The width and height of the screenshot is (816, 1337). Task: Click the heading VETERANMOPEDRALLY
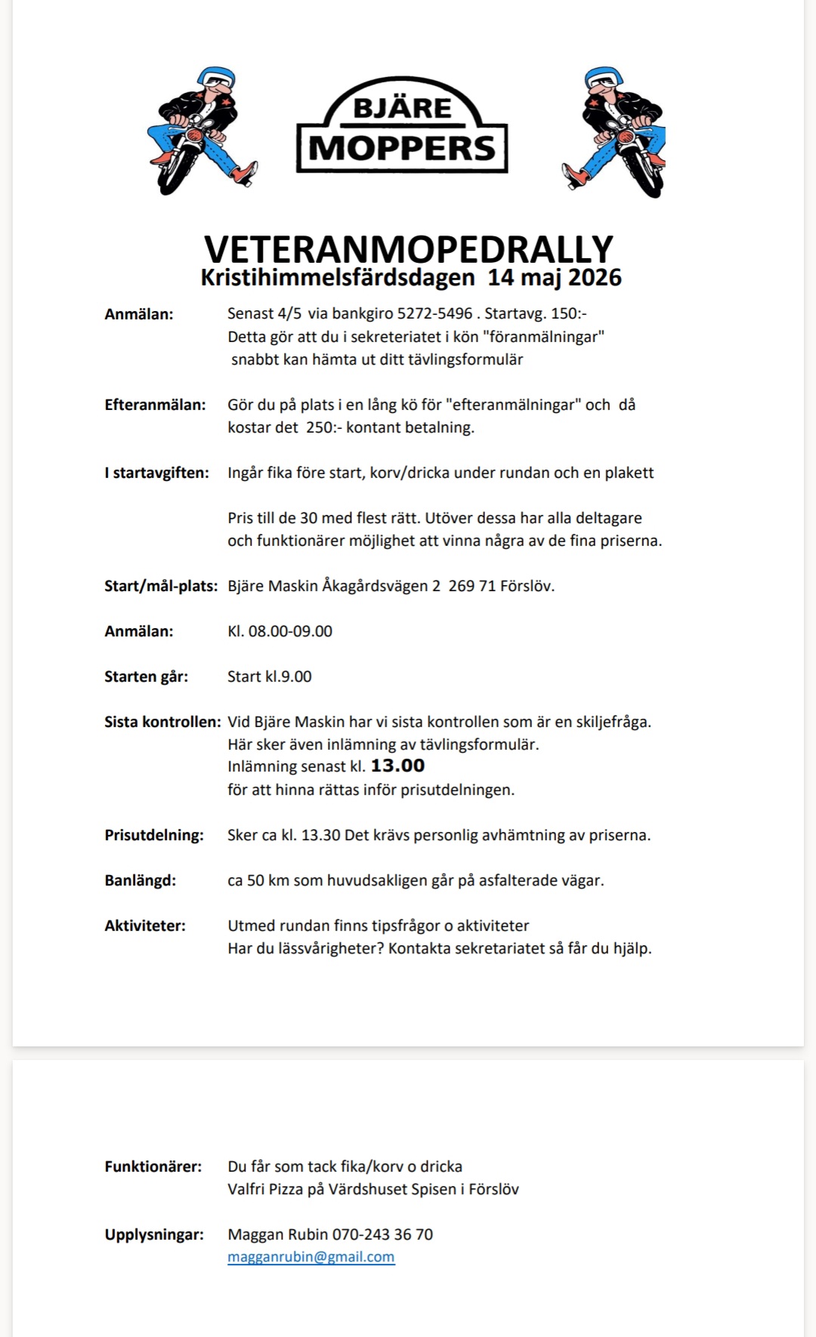pyautogui.click(x=408, y=249)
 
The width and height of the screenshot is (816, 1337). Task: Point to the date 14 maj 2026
pyautogui.click(x=555, y=278)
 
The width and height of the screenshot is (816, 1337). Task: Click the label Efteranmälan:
pyautogui.click(x=155, y=405)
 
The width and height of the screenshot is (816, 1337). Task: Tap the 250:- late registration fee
pyautogui.click(x=324, y=427)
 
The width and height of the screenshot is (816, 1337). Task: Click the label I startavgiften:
pyautogui.click(x=156, y=473)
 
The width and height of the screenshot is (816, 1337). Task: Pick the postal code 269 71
pyautogui.click(x=471, y=586)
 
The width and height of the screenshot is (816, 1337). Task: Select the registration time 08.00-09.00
pyautogui.click(x=290, y=631)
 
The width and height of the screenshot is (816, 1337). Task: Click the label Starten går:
pyautogui.click(x=146, y=676)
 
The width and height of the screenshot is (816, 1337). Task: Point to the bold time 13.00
pyautogui.click(x=397, y=766)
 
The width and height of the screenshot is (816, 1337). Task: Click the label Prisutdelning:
pyautogui.click(x=154, y=835)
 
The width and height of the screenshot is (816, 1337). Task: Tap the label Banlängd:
pyautogui.click(x=140, y=880)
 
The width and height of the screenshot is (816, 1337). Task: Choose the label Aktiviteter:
pyautogui.click(x=144, y=926)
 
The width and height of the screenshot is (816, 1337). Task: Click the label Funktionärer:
pyautogui.click(x=153, y=1166)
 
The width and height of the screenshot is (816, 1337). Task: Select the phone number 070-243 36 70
pyautogui.click(x=382, y=1234)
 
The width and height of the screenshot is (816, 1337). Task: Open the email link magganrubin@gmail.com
pyautogui.click(x=311, y=1257)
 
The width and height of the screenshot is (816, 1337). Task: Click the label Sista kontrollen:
pyautogui.click(x=162, y=722)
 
